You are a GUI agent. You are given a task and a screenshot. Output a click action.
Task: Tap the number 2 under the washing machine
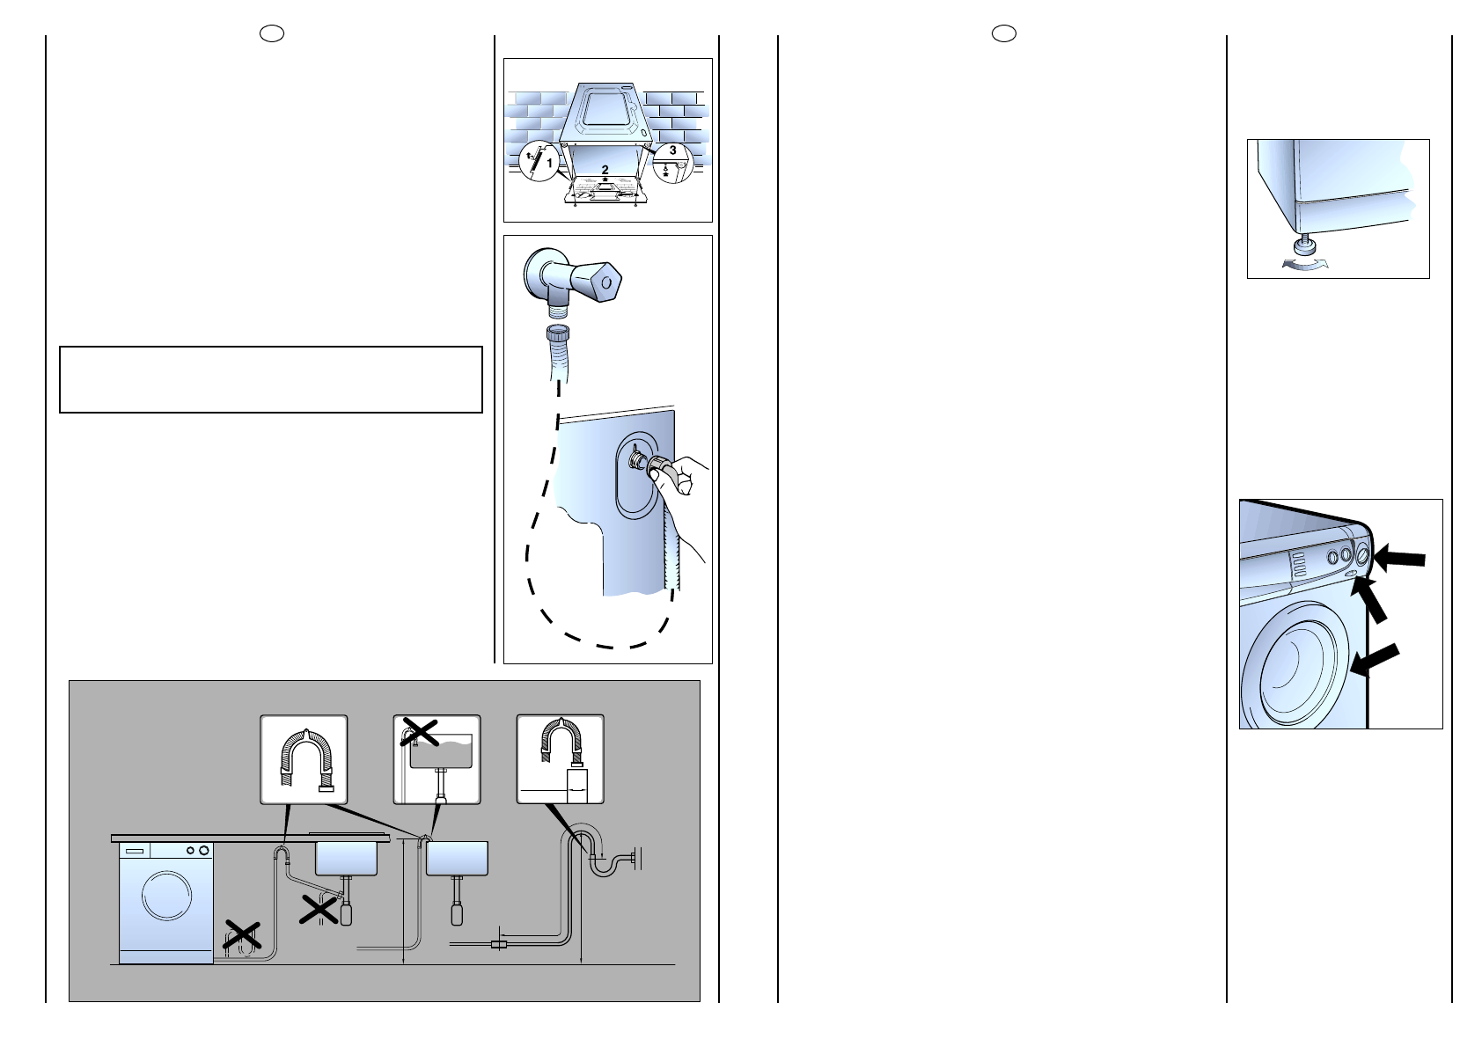coord(605,169)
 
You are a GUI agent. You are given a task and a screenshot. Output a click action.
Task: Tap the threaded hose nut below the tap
coord(557,336)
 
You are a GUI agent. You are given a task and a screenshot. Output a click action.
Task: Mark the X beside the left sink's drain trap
coord(319,909)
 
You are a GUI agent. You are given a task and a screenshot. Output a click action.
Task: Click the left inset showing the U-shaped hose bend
coord(304,758)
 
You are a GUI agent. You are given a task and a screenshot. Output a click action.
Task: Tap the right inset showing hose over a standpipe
coord(560,758)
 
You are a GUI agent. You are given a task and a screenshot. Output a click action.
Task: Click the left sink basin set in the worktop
coord(347,858)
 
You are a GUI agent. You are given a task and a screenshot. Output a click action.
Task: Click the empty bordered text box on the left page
coord(271,379)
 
